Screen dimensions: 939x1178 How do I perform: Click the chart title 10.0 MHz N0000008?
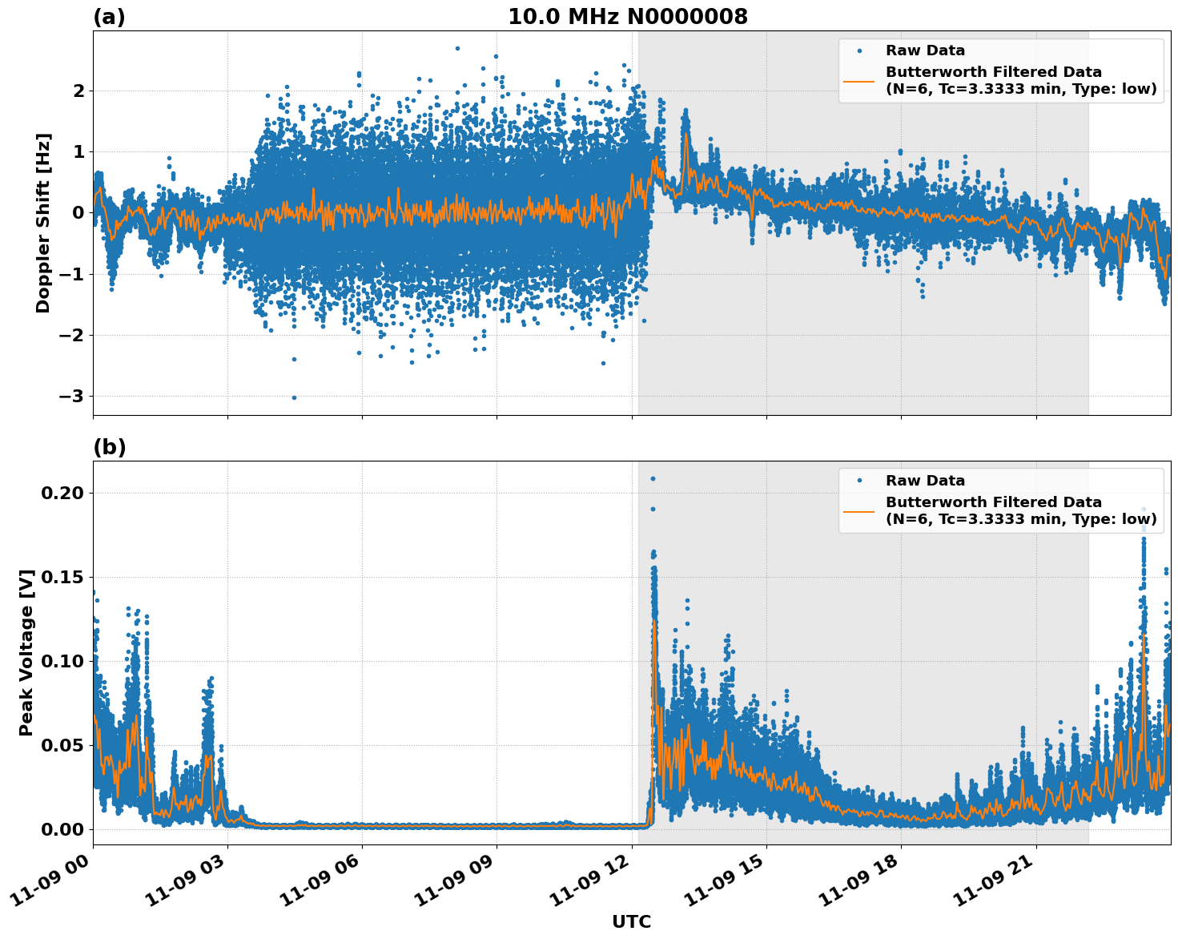coord(627,17)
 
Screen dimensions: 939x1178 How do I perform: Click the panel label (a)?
coord(109,17)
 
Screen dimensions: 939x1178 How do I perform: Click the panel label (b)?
coord(109,447)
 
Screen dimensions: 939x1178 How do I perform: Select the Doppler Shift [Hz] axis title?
coord(43,223)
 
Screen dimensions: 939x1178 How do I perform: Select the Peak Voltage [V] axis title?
coord(26,652)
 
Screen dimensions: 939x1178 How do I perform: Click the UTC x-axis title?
coord(631,921)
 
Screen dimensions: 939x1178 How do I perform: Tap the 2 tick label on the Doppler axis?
coord(78,91)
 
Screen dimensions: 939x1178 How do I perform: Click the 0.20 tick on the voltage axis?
coord(62,493)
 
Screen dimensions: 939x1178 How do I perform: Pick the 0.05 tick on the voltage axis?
coord(62,745)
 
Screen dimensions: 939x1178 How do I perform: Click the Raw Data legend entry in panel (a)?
coord(925,50)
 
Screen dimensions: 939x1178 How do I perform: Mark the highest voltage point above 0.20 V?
coord(653,478)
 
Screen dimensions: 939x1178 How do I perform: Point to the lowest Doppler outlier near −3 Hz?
coord(294,397)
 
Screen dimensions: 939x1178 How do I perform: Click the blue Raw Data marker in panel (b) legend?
coord(859,481)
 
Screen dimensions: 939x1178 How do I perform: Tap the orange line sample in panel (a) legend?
coord(859,80)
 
